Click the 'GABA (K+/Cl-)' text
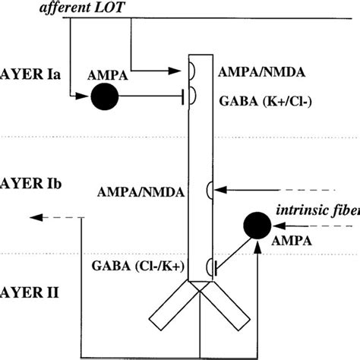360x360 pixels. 262,99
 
